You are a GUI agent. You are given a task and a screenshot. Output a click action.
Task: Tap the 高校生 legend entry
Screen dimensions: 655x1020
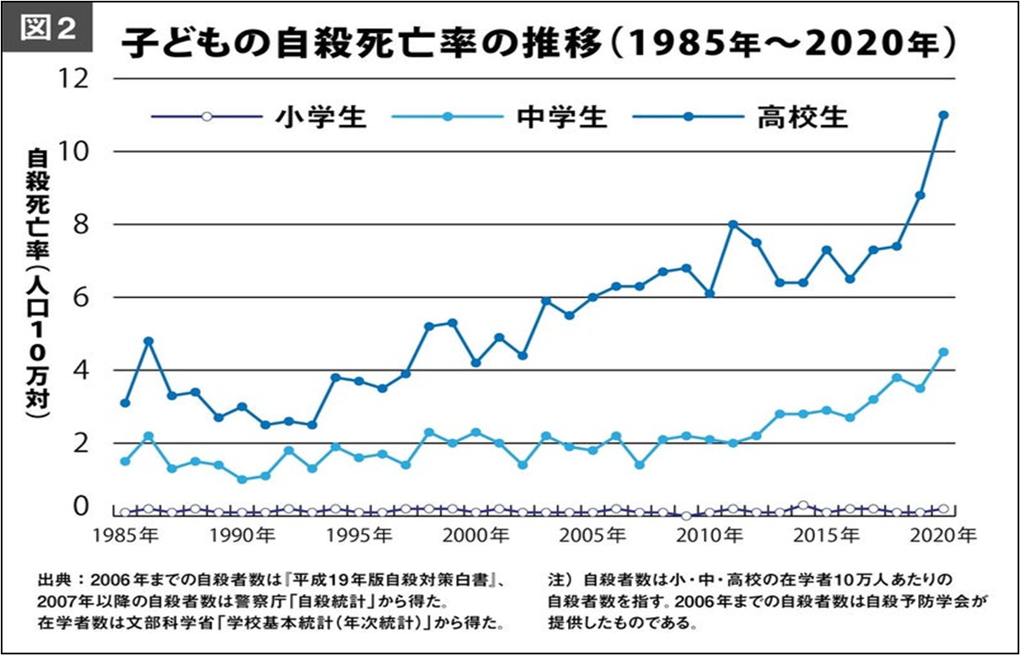pyautogui.click(x=802, y=117)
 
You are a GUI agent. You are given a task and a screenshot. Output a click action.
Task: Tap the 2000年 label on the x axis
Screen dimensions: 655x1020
pyautogui.click(x=476, y=536)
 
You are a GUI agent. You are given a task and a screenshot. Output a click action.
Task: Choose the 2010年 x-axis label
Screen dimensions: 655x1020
pyautogui.click(x=710, y=536)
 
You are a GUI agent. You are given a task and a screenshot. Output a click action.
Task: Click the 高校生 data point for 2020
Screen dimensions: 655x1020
pyautogui.click(x=943, y=115)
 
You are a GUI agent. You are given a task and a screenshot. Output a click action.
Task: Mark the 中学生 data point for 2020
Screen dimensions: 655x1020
pyautogui.click(x=943, y=352)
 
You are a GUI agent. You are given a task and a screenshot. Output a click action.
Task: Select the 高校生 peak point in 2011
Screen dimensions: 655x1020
pyautogui.click(x=733, y=224)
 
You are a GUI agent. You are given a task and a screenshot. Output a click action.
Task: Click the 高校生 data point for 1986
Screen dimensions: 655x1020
pyautogui.click(x=148, y=340)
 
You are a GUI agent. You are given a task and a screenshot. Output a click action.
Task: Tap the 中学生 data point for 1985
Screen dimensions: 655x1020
pyautogui.click(x=125, y=461)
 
